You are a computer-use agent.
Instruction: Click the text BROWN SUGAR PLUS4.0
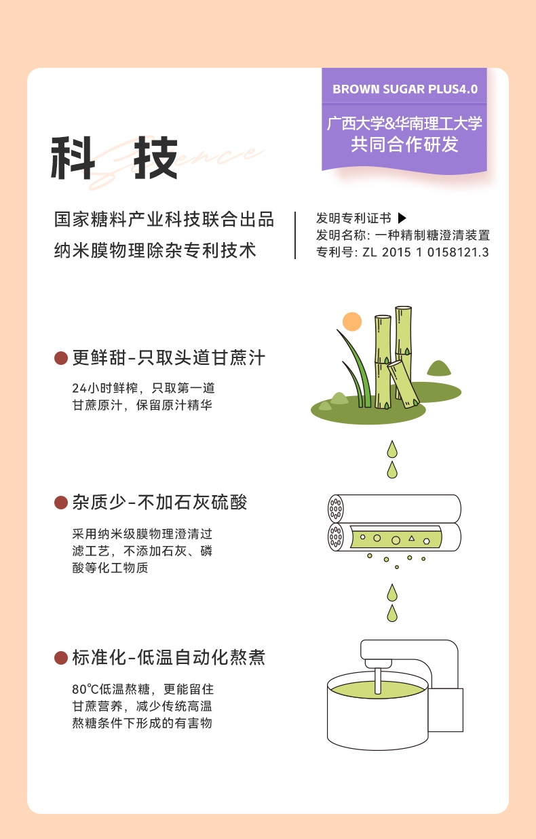[405, 89]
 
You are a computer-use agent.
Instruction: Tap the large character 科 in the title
[73, 157]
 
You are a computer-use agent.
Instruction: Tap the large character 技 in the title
[155, 157]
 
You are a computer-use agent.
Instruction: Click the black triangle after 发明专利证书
[402, 218]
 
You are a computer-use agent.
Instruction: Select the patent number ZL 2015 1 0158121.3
[425, 252]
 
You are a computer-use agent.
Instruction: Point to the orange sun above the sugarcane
[352, 321]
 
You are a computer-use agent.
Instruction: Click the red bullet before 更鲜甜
[60, 357]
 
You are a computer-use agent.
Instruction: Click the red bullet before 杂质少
[60, 503]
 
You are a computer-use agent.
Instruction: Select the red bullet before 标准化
[60, 658]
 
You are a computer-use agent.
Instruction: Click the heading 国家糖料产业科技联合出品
[164, 219]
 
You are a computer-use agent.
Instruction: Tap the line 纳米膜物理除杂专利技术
[155, 250]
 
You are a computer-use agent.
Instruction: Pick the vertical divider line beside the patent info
[295, 235]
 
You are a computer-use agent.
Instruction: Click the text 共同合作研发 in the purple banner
[404, 144]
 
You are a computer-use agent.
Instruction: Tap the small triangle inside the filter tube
[412, 539]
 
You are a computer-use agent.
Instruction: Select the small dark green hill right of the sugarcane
[439, 368]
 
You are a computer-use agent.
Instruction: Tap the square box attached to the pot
[446, 710]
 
